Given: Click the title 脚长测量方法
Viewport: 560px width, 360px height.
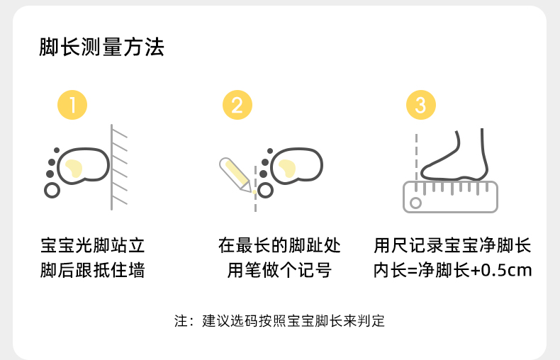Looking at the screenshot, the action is tap(102, 47).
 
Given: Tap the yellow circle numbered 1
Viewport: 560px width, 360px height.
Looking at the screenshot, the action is tap(72, 105).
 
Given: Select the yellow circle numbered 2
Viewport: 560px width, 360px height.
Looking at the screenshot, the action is tap(237, 105).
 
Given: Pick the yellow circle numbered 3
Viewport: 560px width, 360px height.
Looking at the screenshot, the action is tap(421, 105).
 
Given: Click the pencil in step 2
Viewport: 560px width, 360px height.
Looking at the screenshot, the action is tap(235, 174).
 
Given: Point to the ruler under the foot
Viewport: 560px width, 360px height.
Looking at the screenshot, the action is tap(450, 197).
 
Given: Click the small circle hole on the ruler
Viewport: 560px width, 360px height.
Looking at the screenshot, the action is tap(415, 203).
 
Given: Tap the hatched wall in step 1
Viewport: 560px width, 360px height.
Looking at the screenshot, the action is tap(119, 167).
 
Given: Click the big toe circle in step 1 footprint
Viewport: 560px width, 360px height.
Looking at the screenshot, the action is tap(52, 191).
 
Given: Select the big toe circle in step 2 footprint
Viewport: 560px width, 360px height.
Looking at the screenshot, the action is tap(265, 191).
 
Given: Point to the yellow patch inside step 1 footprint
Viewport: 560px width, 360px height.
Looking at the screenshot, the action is tap(74, 168).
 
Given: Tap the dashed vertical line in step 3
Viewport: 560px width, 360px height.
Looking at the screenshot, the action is tap(416, 158).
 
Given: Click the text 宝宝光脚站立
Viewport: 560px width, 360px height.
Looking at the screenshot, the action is tap(92, 246).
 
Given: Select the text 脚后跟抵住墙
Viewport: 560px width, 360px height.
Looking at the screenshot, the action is tap(92, 270).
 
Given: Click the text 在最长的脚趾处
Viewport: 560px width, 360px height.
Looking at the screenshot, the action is tap(279, 246).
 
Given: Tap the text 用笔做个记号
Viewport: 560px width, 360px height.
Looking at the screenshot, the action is tap(279, 270).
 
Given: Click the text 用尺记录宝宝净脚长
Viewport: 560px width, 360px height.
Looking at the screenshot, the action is tap(452, 246).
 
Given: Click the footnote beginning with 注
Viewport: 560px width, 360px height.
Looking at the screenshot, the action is tap(279, 321).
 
